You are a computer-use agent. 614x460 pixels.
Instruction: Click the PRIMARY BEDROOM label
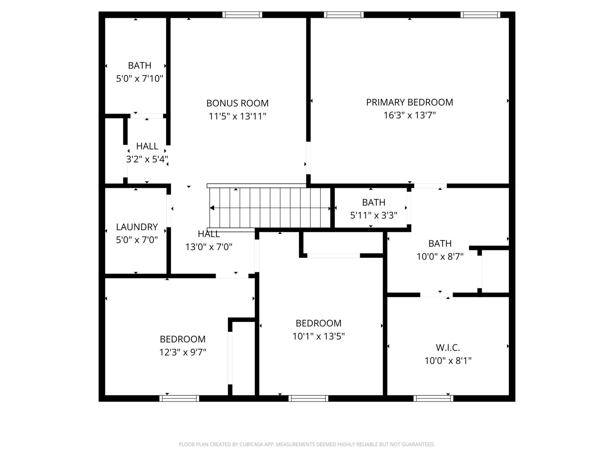point(409,102)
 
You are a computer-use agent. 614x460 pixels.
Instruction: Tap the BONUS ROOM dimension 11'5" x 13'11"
point(237,116)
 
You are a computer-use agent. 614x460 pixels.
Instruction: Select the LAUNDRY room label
point(137,227)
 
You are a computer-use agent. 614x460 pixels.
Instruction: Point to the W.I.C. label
point(448,348)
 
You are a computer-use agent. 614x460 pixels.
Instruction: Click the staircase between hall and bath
point(270,208)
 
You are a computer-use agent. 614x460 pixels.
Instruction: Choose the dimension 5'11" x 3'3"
point(374,216)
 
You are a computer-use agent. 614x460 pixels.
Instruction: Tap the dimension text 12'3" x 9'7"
point(183,352)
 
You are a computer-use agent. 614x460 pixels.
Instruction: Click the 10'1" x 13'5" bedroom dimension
point(319,336)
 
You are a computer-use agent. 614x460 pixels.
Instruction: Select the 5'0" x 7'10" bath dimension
point(139,79)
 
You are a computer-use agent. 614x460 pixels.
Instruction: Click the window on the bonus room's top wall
point(242,15)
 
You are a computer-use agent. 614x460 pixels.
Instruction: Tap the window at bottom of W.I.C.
point(433,398)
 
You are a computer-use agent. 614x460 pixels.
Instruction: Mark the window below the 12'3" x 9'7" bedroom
point(179,398)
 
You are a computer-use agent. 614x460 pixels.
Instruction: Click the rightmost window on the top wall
point(480,15)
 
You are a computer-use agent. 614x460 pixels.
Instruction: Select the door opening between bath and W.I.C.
point(436,295)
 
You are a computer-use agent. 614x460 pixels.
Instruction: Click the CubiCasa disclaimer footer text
point(307,444)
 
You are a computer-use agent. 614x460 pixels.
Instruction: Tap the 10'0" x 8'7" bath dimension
point(440,257)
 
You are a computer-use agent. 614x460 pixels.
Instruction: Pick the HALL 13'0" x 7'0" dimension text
point(209,247)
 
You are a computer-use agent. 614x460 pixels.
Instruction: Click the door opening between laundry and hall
point(169,211)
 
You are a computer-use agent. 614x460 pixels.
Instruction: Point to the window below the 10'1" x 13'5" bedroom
point(308,398)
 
